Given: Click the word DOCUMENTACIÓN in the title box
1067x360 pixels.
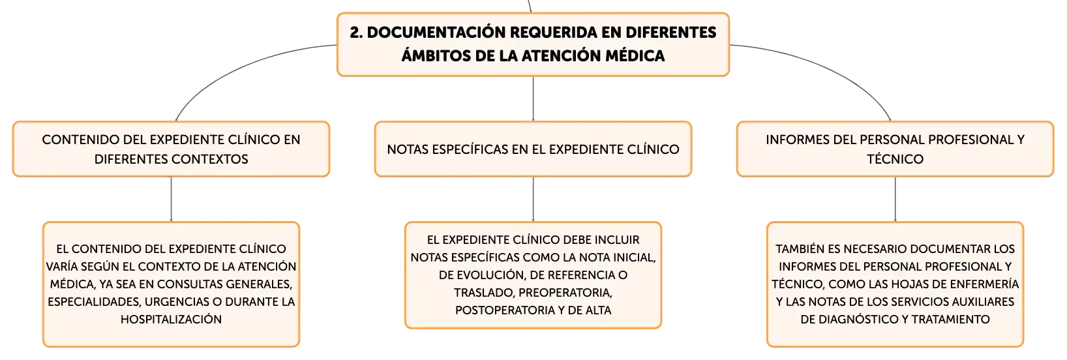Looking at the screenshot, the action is point(436,33).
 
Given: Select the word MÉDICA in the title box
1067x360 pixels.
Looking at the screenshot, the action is point(635,55).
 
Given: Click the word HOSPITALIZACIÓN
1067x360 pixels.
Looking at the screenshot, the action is point(171,319).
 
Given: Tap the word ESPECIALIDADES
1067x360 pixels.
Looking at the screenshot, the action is point(95,302).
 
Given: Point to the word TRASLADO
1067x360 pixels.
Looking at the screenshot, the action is point(483,292).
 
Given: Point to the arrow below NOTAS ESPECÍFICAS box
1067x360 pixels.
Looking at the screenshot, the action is point(533,199).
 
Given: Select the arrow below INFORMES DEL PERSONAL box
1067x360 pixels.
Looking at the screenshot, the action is point(895,199).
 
